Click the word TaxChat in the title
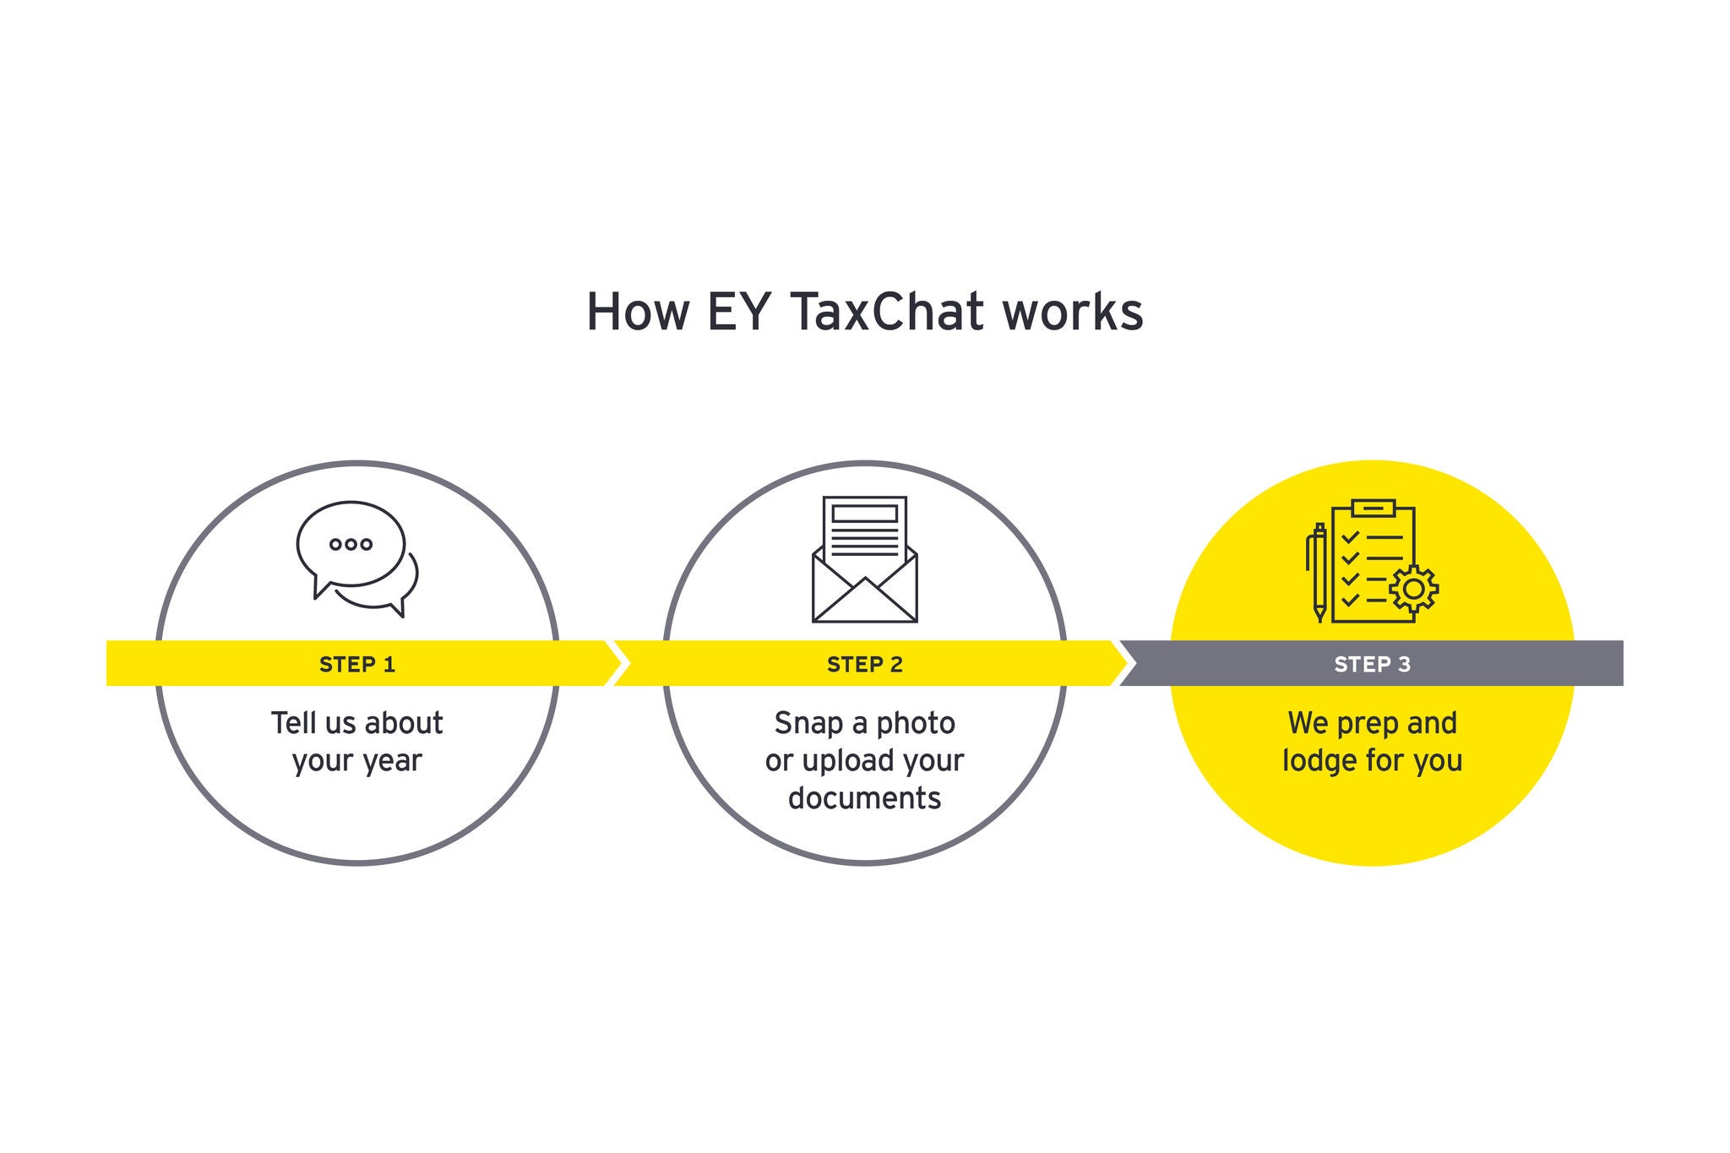coord(889,312)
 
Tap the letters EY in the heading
coord(738,312)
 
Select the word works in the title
coord(1073,312)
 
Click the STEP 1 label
coord(357,665)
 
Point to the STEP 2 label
coord(865,665)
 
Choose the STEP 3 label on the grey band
coord(1373,665)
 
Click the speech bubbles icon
coord(357,559)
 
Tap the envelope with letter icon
coord(865,559)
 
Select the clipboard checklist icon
coord(1373,561)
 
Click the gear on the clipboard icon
coord(1414,589)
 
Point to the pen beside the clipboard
coord(1318,573)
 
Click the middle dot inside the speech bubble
coord(351,544)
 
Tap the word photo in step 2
coord(916,724)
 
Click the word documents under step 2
coord(865,798)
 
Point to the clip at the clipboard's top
coord(1374,508)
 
